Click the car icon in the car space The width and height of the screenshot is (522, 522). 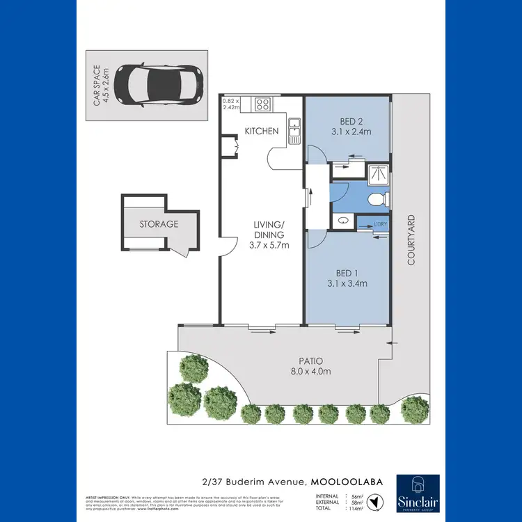point(158,83)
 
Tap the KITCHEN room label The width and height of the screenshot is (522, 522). point(262,131)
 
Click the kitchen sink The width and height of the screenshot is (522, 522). point(294,127)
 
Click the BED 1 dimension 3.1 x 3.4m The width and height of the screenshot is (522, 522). point(345,283)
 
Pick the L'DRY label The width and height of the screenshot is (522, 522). point(380,223)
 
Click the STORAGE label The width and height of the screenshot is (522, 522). point(159,224)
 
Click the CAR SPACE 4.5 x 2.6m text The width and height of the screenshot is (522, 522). point(102,86)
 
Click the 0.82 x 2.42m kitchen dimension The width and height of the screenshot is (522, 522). point(230,104)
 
